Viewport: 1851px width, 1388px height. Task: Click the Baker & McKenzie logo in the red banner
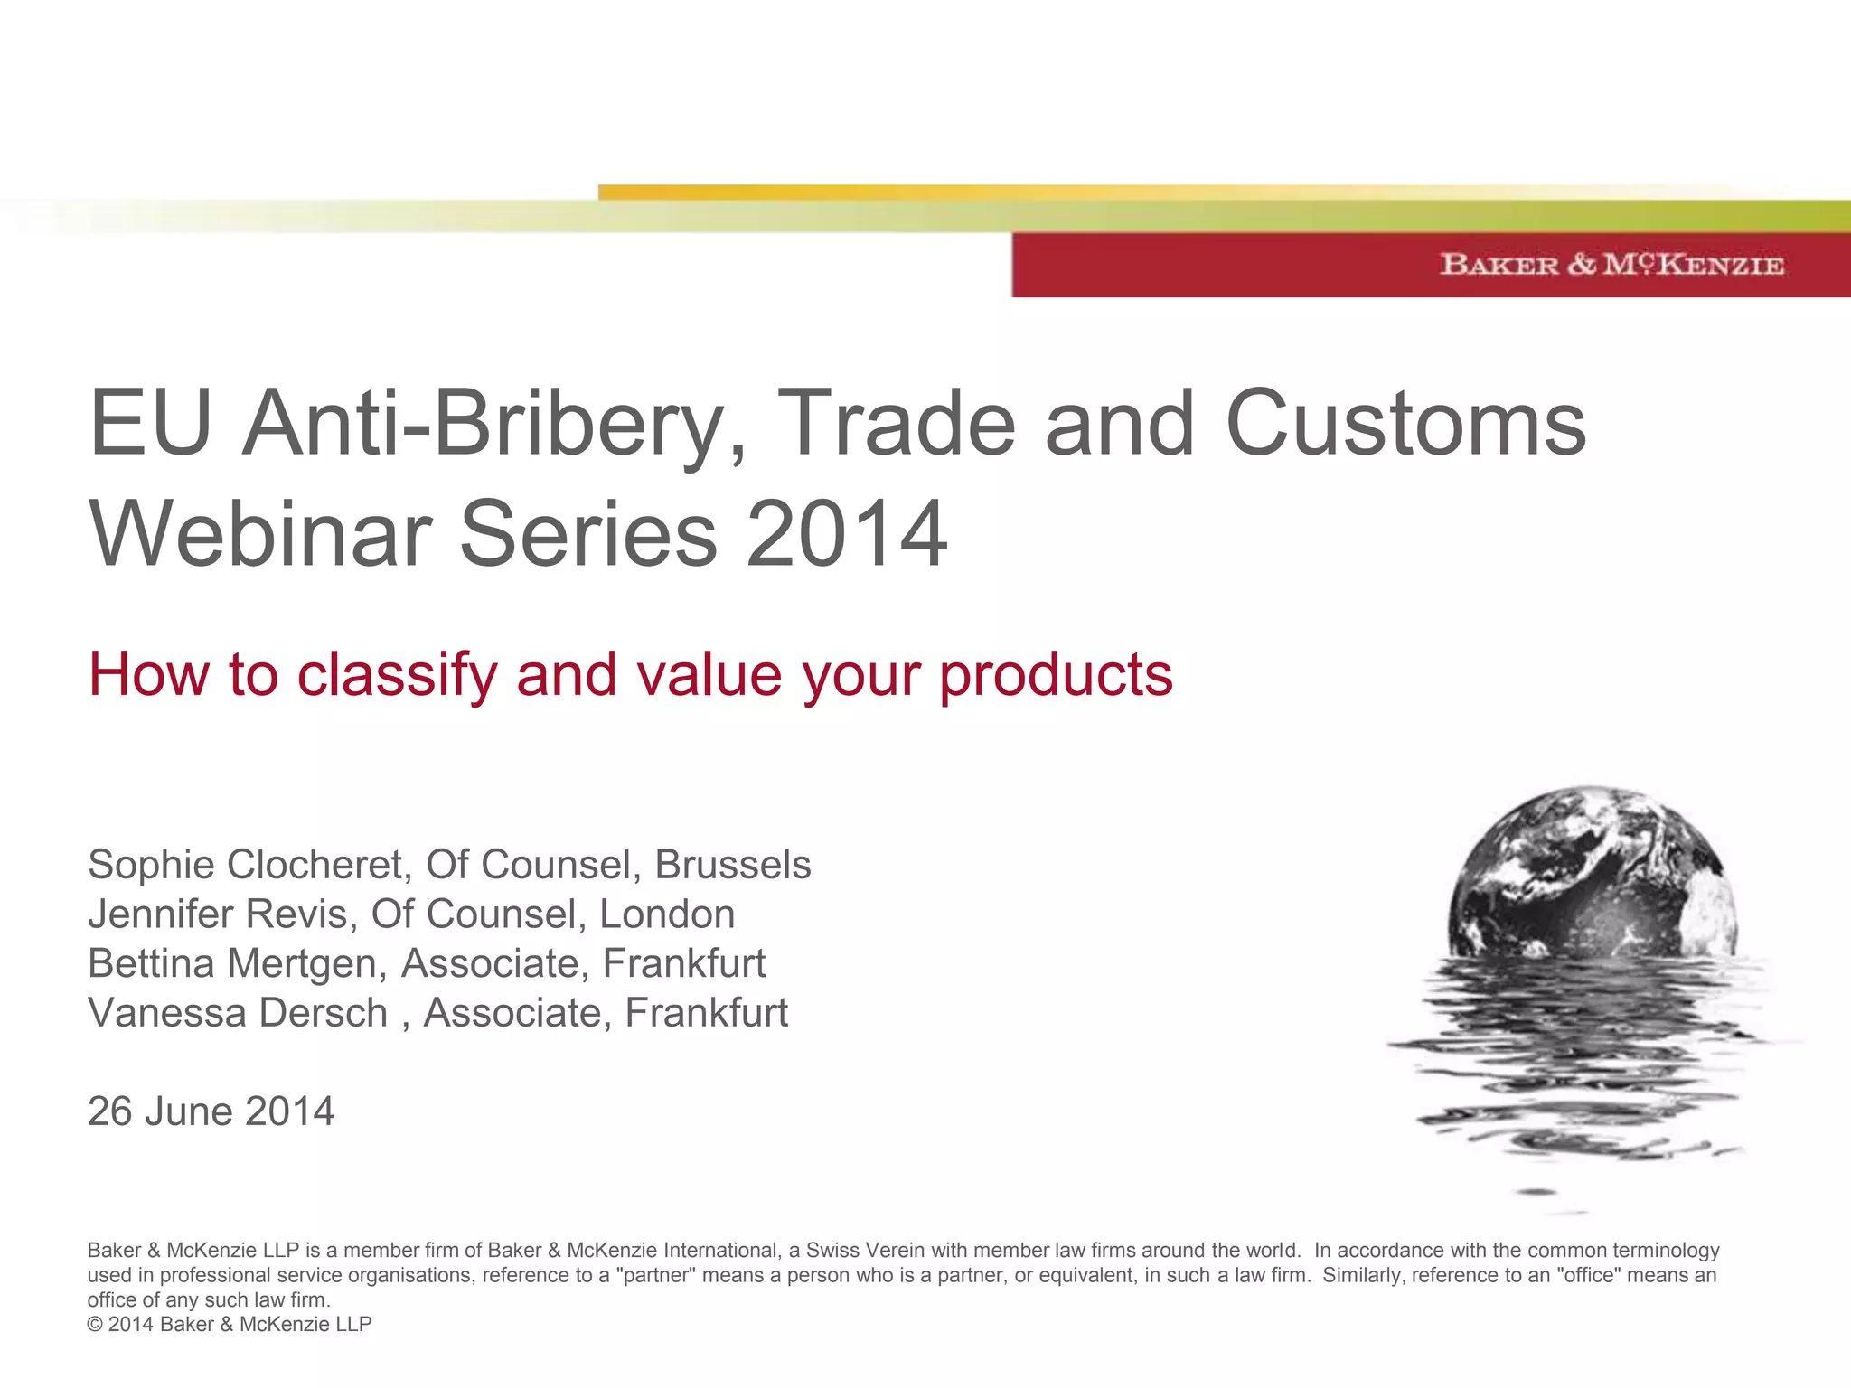(x=1611, y=264)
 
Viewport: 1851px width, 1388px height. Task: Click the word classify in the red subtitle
(x=397, y=675)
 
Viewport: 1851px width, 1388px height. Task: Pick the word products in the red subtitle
(x=1056, y=675)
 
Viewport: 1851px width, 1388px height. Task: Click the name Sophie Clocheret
(x=244, y=865)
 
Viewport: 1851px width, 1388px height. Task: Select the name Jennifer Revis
(x=217, y=914)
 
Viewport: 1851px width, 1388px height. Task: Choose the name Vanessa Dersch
(x=237, y=1013)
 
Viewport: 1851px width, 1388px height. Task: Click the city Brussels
(x=732, y=865)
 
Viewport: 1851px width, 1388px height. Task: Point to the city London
(x=667, y=914)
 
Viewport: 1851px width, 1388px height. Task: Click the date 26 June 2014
(x=211, y=1111)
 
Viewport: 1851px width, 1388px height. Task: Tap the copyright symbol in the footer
(x=95, y=1325)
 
